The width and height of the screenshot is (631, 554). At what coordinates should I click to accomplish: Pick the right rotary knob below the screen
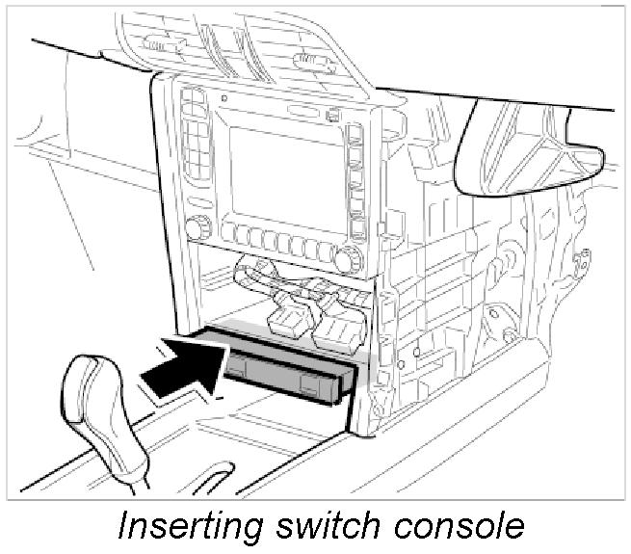pos(348,257)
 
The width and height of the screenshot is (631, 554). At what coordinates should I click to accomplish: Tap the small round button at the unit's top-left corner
pos(223,97)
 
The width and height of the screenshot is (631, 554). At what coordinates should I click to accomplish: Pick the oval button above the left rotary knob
pos(195,203)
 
